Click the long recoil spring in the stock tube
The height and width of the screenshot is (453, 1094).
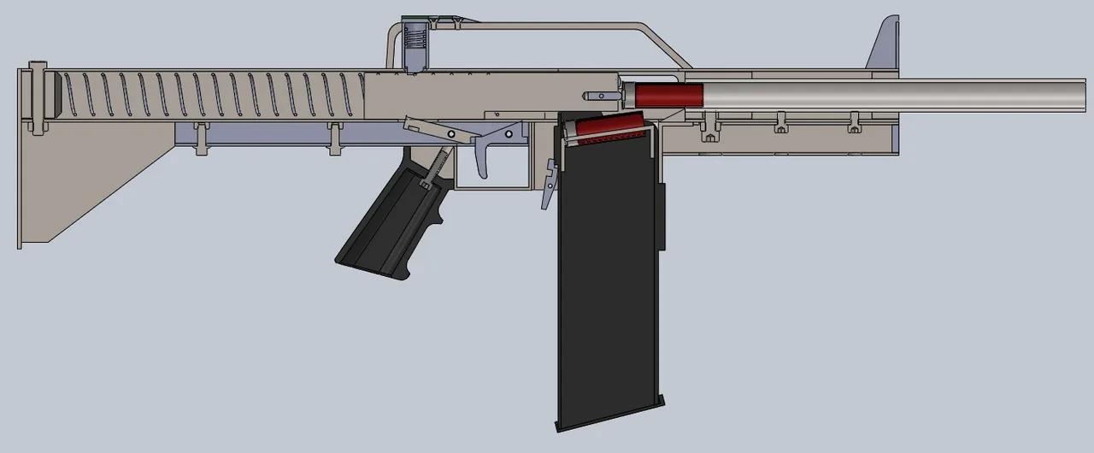pos(214,94)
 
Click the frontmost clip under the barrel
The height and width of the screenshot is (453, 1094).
pos(853,123)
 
